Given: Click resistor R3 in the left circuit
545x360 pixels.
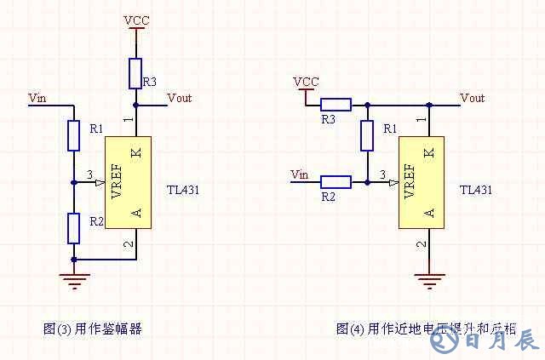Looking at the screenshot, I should tap(135, 73).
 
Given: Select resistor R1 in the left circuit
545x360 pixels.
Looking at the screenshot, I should tap(74, 134).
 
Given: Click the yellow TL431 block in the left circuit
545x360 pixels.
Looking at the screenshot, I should tap(128, 182).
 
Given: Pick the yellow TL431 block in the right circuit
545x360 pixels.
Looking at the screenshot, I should tap(422, 183).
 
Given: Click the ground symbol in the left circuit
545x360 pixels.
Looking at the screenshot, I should tap(75, 277).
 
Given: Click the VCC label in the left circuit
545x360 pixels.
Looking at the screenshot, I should tap(135, 19).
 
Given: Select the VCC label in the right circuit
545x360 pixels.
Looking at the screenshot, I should tap(306, 82).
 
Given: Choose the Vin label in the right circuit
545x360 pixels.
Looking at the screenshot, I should tap(299, 174).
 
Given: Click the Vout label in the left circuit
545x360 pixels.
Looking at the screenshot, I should tap(180, 98).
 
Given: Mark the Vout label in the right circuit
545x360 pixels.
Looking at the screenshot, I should tap(472, 98).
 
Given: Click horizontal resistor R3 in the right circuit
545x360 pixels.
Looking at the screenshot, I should tap(335, 106).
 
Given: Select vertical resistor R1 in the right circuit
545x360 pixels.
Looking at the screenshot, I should tap(367, 135).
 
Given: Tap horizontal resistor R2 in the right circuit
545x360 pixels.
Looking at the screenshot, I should tap(335, 181).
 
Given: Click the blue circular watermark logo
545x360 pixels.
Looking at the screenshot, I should tap(443, 342).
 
